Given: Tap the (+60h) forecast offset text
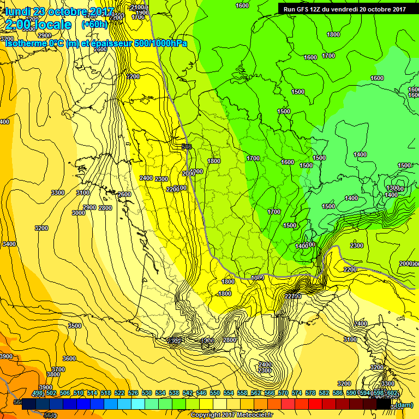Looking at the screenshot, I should click(94, 25).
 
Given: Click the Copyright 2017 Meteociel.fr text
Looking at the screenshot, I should click(231, 415).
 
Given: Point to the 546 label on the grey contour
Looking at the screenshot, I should click(187, 147).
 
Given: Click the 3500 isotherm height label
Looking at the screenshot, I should click(74, 325).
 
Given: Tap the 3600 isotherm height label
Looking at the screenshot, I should click(69, 358).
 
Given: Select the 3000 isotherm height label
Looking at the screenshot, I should click(78, 213).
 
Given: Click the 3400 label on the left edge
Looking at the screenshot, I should click(9, 244).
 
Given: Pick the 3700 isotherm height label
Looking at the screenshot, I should click(58, 369).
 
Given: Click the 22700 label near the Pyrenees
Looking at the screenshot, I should click(292, 296).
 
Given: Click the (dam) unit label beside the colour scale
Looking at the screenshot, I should click(404, 405).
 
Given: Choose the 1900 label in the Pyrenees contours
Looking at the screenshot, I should click(207, 340).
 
